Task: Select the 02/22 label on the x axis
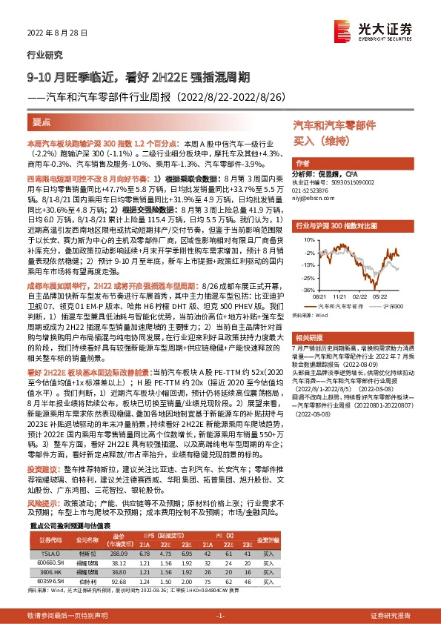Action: pos(359,294)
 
